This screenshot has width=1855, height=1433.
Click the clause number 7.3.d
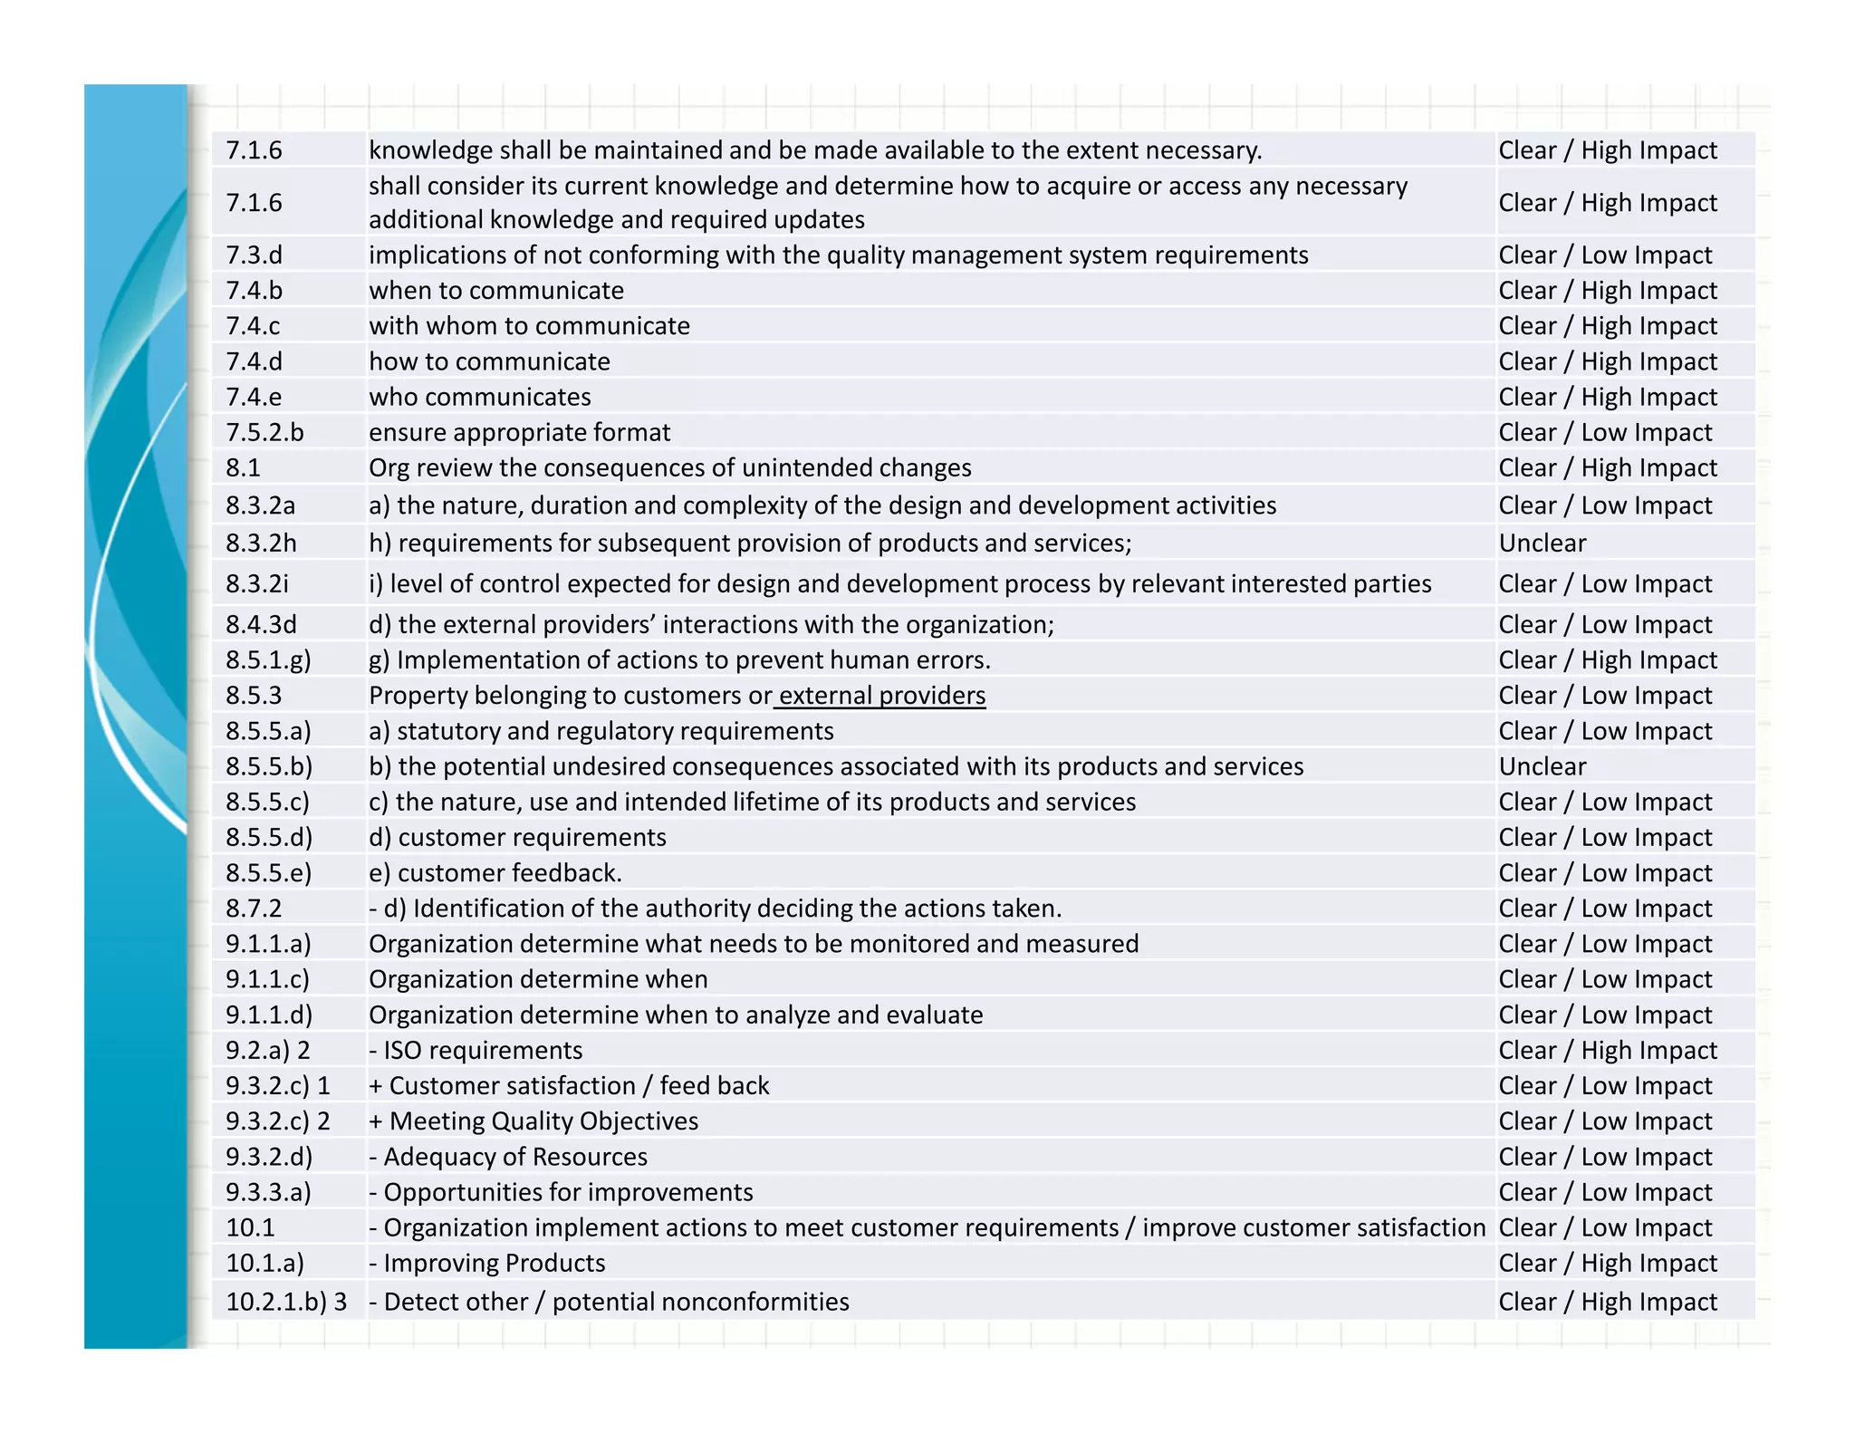[254, 255]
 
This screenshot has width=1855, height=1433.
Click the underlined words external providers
[881, 696]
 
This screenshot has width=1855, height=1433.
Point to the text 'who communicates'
[479, 398]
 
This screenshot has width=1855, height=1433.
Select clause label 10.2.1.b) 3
[285, 1303]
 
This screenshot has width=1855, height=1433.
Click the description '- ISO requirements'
[476, 1051]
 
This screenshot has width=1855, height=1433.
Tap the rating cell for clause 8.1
[1607, 468]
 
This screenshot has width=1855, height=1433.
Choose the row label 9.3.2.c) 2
[277, 1121]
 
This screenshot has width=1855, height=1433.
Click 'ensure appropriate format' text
[519, 433]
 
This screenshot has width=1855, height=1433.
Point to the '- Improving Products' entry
[486, 1264]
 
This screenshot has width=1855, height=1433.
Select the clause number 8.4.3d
[261, 625]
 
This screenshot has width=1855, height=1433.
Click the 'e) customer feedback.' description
[495, 873]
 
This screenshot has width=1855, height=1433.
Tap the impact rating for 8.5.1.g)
[1607, 660]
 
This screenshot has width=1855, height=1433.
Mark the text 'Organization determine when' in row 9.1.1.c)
[538, 980]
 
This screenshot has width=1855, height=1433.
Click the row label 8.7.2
[254, 909]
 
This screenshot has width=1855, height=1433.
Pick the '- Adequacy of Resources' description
[507, 1158]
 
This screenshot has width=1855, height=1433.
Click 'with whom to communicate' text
[529, 326]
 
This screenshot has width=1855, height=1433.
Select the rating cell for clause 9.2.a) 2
[1607, 1051]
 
